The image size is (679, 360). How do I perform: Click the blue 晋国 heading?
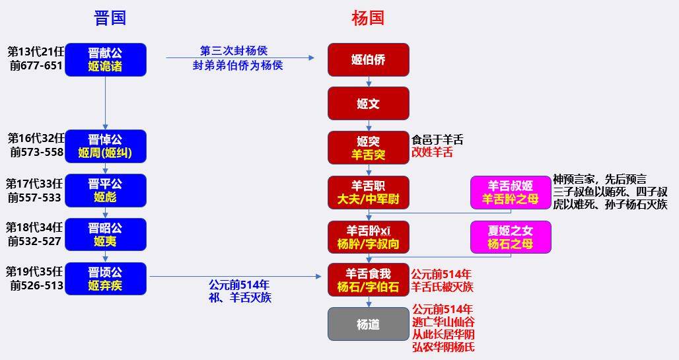point(110,18)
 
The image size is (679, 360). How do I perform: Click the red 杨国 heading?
point(368,18)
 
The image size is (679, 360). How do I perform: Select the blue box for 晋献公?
point(106,60)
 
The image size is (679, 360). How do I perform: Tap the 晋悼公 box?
point(106,146)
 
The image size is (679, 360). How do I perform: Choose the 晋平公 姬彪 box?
point(106,191)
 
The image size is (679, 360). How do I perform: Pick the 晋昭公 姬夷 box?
point(106,234)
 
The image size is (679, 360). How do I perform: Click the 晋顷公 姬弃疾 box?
point(106,279)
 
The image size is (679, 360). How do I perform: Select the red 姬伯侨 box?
point(368,60)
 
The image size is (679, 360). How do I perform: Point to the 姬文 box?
point(368,104)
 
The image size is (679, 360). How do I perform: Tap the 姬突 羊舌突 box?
point(368,148)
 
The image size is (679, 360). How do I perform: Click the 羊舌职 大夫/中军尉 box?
point(368,192)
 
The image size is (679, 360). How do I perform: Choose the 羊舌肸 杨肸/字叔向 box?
point(368,237)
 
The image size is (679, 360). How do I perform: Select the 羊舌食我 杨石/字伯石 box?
point(368,280)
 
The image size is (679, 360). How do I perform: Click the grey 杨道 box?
point(368,324)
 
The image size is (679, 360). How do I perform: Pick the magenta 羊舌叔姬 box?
point(511,192)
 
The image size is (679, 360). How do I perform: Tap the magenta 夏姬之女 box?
point(511,237)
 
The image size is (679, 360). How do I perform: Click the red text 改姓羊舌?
point(432,153)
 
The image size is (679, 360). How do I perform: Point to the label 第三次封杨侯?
point(234,51)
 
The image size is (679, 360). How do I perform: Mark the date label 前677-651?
point(36,66)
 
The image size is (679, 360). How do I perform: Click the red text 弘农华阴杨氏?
point(443,347)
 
